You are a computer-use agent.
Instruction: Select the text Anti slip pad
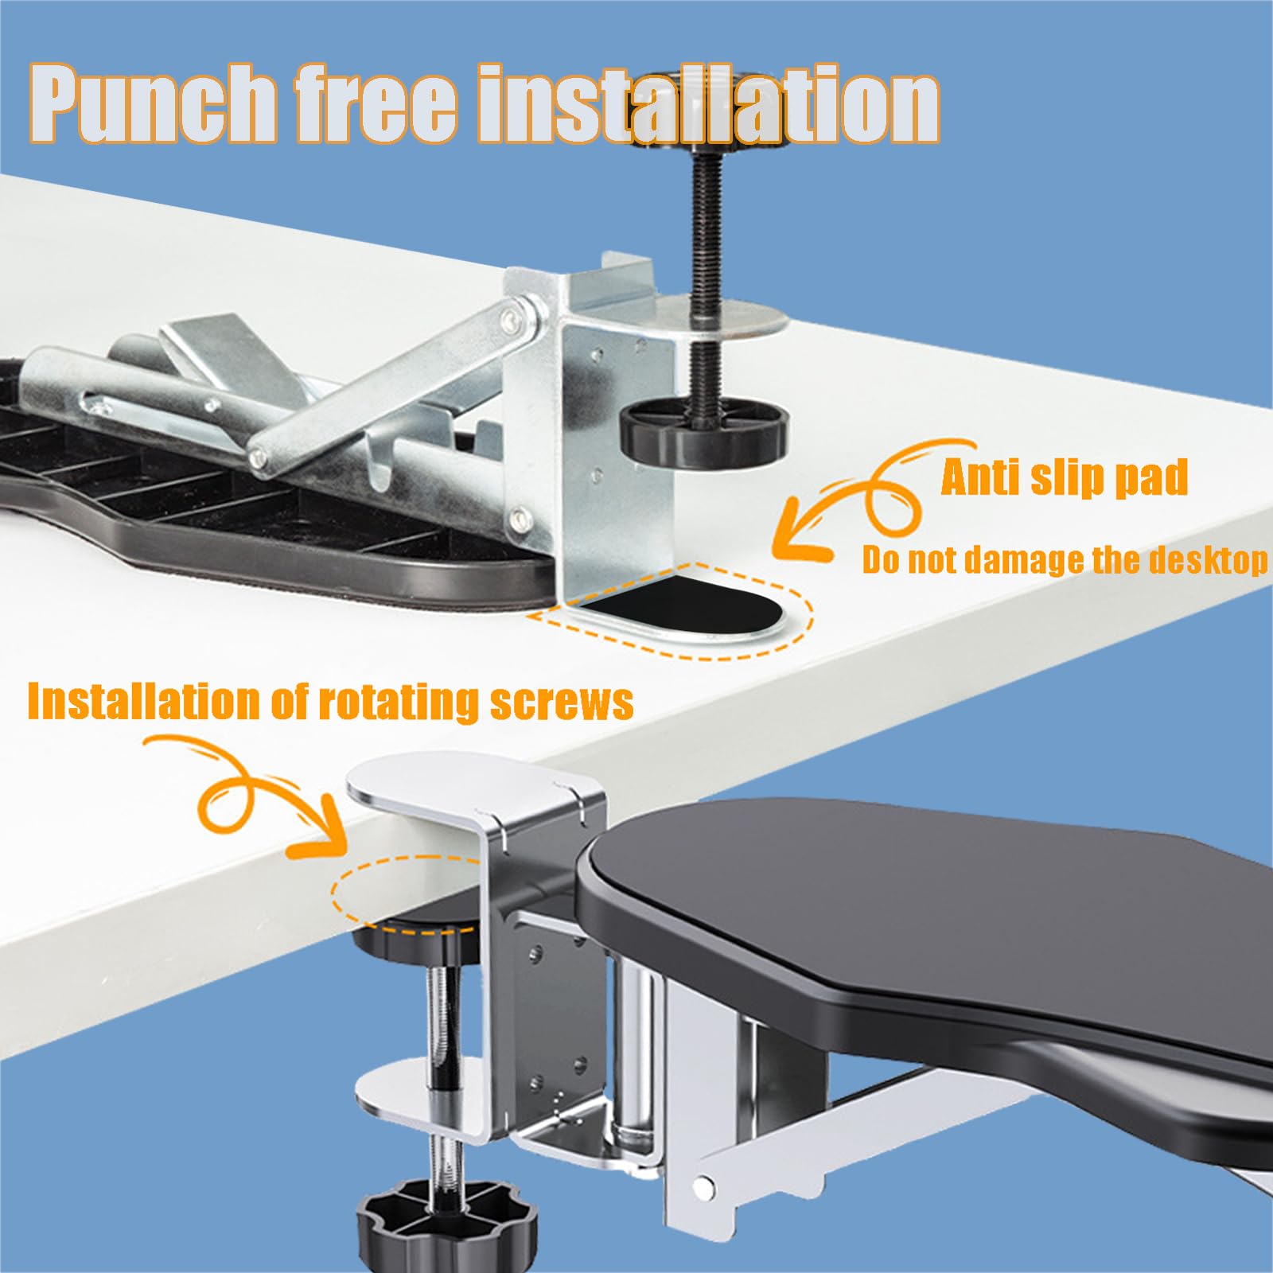[1064, 477]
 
